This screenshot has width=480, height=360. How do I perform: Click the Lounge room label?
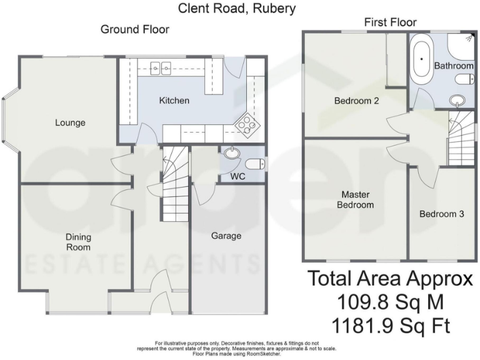[70, 122]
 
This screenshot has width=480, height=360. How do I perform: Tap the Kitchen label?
[174, 101]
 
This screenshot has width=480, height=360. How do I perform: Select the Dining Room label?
[79, 242]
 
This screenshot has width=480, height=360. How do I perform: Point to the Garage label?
[226, 236]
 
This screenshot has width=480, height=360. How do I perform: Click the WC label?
[237, 177]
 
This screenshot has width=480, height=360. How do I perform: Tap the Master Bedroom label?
[355, 199]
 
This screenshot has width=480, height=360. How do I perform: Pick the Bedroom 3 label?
[441, 214]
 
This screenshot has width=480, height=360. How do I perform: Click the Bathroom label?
[454, 65]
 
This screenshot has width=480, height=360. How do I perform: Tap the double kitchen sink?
[161, 67]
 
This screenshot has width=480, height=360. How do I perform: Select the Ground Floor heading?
[135, 29]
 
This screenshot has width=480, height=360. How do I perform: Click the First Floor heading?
[390, 22]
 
